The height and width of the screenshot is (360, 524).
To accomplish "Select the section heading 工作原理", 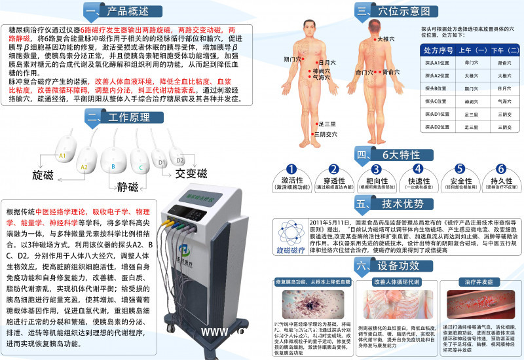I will coord(122,117).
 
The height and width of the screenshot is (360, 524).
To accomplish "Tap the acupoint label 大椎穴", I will coord(386,39).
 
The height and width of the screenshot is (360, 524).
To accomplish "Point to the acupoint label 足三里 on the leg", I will coord(327,124).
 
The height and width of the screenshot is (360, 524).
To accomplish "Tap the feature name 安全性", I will coord(460,180).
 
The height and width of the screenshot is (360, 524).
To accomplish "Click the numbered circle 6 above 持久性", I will coord(501,169).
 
